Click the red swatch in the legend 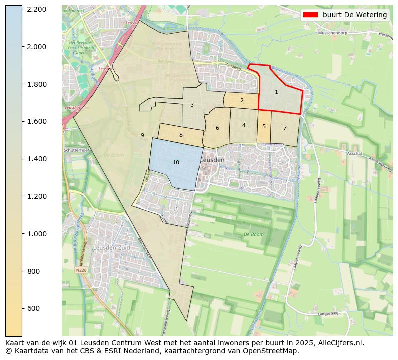tap(310, 15)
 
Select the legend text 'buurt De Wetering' tap(354, 15)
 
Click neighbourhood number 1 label tap(276, 92)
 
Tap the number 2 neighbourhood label tap(242, 100)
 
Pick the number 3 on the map tap(192, 105)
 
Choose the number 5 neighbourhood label tap(264, 126)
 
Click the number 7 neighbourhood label tap(285, 128)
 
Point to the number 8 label tap(181, 135)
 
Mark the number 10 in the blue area tap(176, 162)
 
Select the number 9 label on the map tap(142, 135)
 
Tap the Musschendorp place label tap(333, 34)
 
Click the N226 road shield tap(81, 270)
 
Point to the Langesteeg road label tap(328, 314)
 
